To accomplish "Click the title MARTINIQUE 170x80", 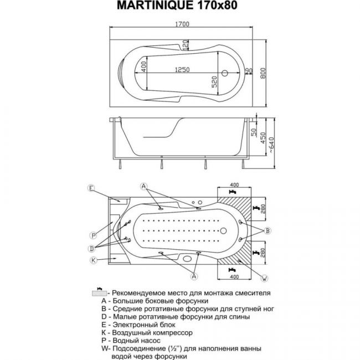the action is [x=177, y=6].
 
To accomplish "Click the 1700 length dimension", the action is [x=182, y=24].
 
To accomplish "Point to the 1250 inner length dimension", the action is [x=182, y=69].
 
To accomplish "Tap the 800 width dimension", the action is [x=263, y=73].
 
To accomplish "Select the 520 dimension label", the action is [x=214, y=82].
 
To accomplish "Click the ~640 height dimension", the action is [x=271, y=145].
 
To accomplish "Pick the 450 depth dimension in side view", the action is [x=263, y=138].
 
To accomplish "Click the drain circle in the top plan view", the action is [x=224, y=73].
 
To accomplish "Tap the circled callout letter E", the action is [x=91, y=188].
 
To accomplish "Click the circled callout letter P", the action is [x=93, y=235].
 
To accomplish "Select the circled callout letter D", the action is [x=91, y=249].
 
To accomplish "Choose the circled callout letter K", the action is [x=93, y=260].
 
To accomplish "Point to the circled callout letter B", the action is [x=268, y=230].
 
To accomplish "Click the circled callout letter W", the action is [x=265, y=279].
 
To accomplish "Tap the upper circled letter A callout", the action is [x=144, y=187].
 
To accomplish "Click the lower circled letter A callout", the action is [x=194, y=276].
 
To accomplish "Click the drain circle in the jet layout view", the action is [x=223, y=231].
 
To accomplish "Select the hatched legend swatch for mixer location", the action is [x=99, y=293].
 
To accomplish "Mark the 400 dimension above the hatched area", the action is [x=234, y=184].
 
